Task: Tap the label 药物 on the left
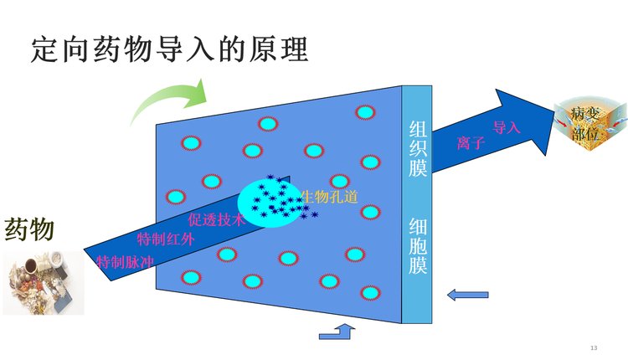[x=30, y=228]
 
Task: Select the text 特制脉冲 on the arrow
[x=126, y=260]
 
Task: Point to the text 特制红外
[x=166, y=240]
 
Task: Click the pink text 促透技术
[x=215, y=220]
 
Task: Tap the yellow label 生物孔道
[x=329, y=197]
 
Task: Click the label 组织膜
[x=417, y=149]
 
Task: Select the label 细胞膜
[x=417, y=247]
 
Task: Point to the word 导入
[x=507, y=128]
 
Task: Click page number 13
[x=594, y=347]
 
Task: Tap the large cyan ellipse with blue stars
[x=269, y=202]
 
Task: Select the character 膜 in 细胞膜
[x=417, y=267]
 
